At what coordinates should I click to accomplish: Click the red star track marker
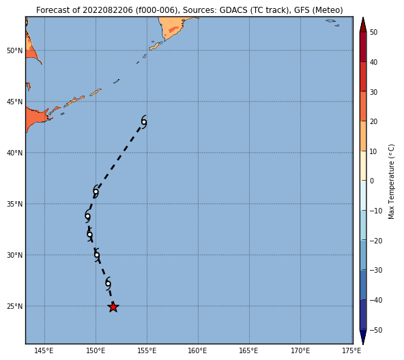[113, 307]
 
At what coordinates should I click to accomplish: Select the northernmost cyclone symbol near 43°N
[144, 122]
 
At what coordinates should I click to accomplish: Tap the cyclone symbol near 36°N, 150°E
[96, 192]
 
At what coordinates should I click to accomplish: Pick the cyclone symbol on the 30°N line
[97, 255]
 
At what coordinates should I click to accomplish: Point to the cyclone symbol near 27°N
[109, 284]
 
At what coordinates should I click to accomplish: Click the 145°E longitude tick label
[44, 350]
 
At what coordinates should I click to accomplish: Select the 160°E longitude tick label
[198, 350]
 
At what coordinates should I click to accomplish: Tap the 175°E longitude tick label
[351, 350]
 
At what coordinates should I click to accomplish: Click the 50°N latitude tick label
[15, 50]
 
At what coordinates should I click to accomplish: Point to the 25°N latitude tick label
[15, 306]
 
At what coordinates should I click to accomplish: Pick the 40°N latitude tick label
[15, 153]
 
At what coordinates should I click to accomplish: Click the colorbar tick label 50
[373, 32]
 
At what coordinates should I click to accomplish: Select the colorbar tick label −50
[376, 330]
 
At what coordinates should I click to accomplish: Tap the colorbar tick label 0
[372, 181]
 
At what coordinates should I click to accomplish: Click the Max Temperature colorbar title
[391, 181]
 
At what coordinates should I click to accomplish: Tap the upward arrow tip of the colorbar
[363, 18]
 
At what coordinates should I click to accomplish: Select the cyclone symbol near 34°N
[87, 216]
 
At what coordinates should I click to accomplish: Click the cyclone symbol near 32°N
[89, 235]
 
